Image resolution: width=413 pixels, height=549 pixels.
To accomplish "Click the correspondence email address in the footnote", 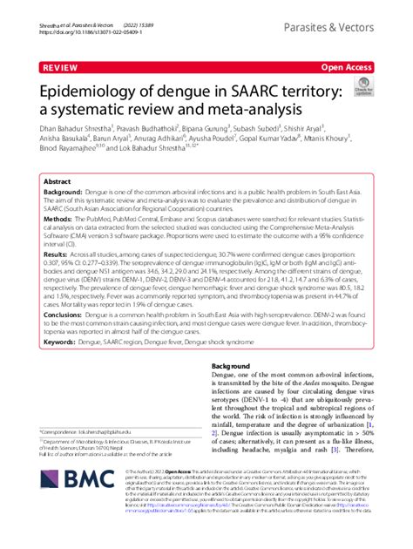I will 105,431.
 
